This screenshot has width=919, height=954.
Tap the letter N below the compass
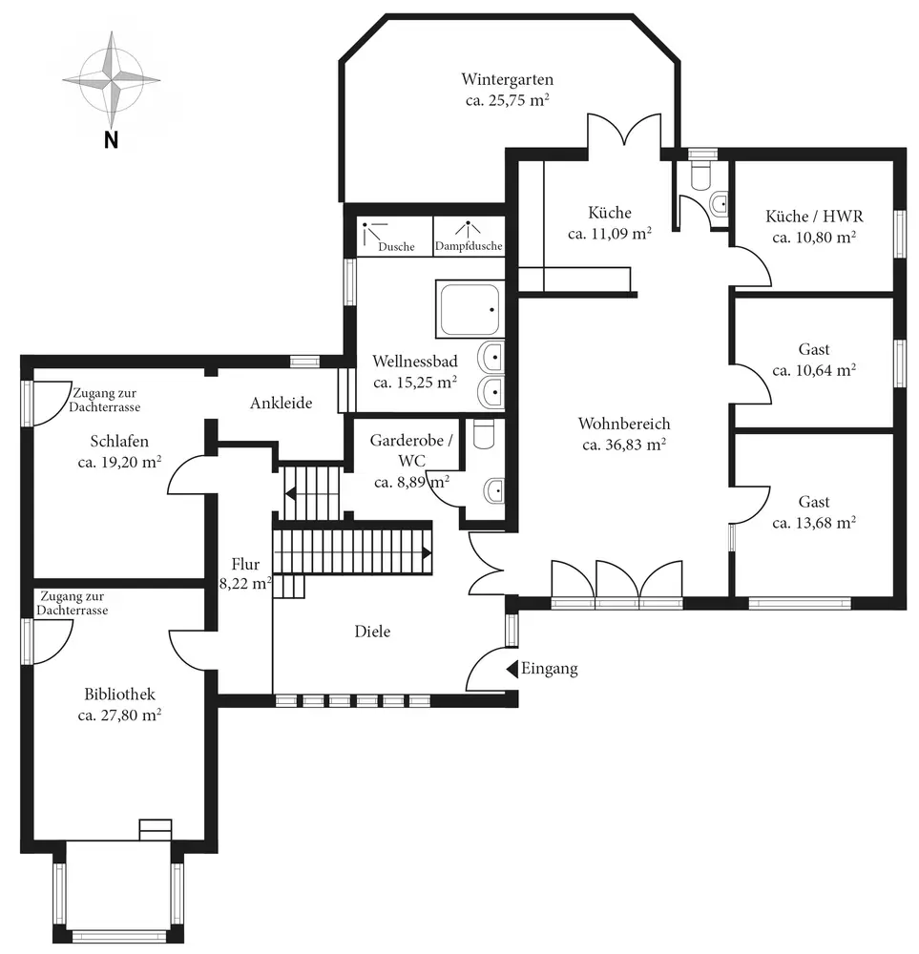tap(111, 140)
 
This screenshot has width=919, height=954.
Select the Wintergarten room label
tap(507, 79)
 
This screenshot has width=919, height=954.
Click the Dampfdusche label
tap(468, 247)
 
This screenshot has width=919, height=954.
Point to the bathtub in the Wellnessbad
tap(469, 307)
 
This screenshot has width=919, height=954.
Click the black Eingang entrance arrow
tap(512, 669)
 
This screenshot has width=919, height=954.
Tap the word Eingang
tap(550, 669)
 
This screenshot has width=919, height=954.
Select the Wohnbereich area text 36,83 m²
tap(623, 444)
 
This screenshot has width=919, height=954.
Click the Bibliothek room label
tap(119, 695)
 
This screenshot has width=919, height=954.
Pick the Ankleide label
tap(282, 404)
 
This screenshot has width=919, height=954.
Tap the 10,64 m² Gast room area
tap(814, 370)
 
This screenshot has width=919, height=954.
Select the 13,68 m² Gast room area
tap(814, 522)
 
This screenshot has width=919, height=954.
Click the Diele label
tap(372, 632)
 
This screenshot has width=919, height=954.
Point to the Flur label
tap(245, 564)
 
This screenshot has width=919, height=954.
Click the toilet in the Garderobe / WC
tap(484, 434)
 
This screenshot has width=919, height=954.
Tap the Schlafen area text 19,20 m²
tap(119, 462)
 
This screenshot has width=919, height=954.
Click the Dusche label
tap(396, 247)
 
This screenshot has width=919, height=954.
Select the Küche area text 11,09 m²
tap(610, 233)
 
